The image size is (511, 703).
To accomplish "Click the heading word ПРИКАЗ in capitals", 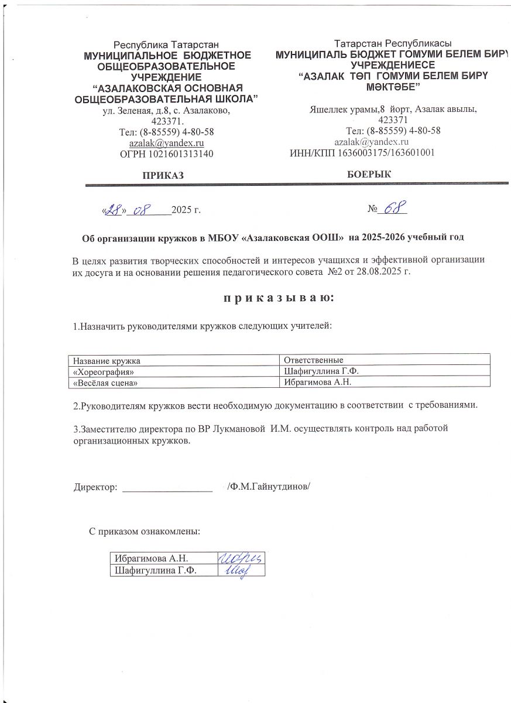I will tap(164, 175).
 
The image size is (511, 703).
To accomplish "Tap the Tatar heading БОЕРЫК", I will tap(369, 174).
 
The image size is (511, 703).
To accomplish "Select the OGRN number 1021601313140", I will tap(167, 154).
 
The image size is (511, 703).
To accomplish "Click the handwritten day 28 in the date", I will tap(112, 210).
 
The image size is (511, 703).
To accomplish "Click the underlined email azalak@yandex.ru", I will tap(166, 142).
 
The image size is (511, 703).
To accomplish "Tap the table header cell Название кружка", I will tap(107, 360).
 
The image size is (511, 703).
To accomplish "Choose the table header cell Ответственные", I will tap(313, 360).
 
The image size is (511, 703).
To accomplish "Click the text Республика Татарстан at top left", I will tap(166, 44).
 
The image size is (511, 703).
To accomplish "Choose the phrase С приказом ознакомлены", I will tap(145, 532).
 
